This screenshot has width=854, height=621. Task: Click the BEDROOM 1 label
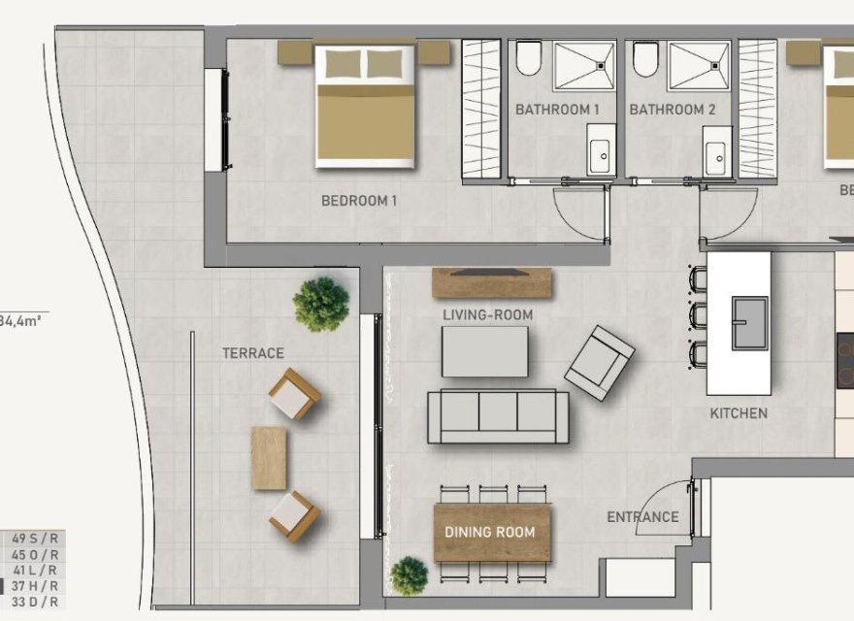point(359,201)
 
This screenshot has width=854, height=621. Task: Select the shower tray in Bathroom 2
point(699,65)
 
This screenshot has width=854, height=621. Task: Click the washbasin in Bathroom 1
point(600,155)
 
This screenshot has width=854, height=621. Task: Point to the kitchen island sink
point(749,323)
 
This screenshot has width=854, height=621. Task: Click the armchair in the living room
point(601,363)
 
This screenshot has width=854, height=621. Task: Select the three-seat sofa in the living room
point(499,415)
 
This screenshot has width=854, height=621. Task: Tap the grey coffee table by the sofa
point(485,351)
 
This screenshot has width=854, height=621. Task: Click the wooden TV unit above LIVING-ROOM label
point(491,282)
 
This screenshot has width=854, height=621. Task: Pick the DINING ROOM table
point(491,532)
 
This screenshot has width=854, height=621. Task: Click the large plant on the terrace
point(321,304)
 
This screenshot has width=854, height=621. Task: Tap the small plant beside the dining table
point(409,575)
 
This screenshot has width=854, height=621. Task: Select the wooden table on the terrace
point(269,458)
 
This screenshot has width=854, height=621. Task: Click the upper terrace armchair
point(294,393)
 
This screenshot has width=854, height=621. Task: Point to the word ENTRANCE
point(642,516)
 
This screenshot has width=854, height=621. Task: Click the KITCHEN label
point(739,413)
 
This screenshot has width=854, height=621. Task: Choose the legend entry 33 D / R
point(35,602)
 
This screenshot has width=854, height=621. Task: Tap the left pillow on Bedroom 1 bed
point(340,64)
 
